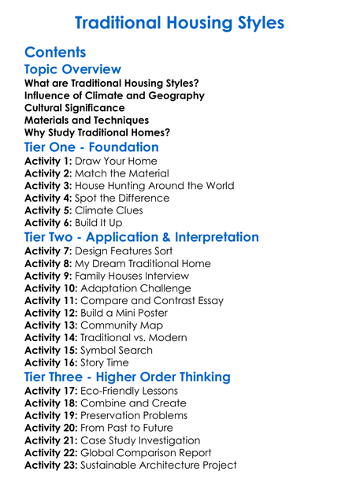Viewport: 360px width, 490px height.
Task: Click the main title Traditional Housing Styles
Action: click(180, 23)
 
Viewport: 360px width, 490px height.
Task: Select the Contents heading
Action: click(55, 53)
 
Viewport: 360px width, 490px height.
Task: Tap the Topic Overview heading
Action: click(73, 70)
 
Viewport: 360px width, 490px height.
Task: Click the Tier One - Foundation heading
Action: click(91, 147)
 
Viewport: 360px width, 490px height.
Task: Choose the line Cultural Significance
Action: click(75, 108)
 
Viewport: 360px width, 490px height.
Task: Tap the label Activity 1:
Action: click(49, 161)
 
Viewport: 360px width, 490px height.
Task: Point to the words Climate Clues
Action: click(109, 211)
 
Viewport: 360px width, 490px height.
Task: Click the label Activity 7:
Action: click(49, 251)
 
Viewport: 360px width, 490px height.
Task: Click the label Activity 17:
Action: click(51, 391)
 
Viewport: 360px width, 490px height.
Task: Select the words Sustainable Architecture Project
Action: click(158, 466)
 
